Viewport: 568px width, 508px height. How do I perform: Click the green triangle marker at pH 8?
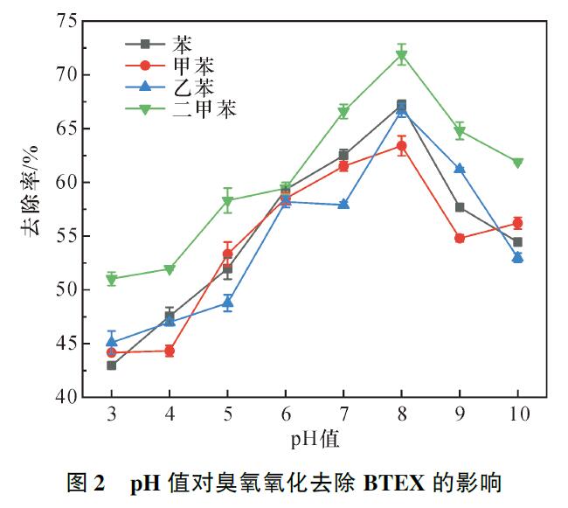(402, 56)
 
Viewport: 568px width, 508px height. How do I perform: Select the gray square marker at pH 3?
(112, 365)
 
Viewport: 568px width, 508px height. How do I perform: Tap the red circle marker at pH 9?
(460, 238)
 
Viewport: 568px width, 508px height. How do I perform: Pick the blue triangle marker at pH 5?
(227, 303)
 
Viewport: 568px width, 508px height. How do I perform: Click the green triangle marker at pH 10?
(517, 163)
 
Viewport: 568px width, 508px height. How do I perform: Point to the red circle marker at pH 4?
(170, 351)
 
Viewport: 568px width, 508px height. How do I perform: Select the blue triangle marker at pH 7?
(343, 205)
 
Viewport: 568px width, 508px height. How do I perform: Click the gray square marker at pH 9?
(460, 207)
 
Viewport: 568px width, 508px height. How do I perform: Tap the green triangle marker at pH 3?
(112, 280)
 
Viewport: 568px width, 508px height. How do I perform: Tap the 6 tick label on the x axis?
(286, 415)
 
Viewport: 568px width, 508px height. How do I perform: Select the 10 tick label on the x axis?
(517, 415)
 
